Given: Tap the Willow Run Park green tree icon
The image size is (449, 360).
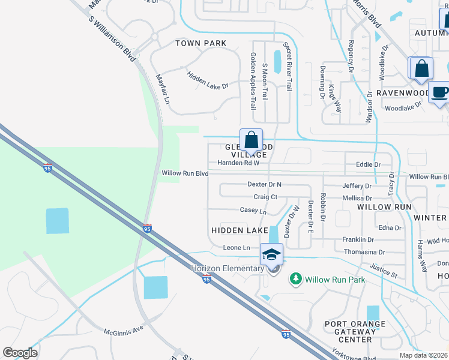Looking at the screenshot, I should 295,279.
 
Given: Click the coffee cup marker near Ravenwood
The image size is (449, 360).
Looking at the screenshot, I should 440,92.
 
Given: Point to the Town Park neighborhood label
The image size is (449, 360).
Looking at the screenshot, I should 200,43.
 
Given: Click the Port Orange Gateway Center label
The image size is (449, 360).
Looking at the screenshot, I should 349,332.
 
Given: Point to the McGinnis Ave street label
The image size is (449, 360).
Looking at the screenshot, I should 124,331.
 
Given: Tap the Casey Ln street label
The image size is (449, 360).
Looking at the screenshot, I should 253,211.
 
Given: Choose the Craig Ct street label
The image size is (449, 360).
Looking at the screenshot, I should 265,197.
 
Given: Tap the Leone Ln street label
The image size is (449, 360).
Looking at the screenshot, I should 236,248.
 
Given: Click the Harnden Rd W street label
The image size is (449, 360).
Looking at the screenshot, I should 238,163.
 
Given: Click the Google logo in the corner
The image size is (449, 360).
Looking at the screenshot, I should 20,353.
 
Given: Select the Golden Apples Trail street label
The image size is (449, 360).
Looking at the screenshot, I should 253,80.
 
